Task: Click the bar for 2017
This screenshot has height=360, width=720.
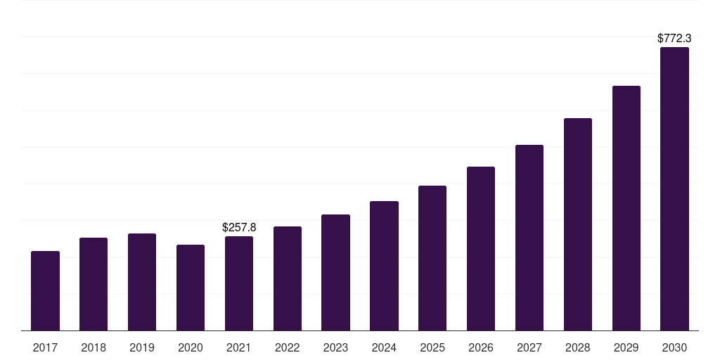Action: [45, 290]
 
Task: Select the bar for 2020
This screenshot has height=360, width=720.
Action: [191, 288]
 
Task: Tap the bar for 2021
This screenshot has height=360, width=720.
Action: [239, 283]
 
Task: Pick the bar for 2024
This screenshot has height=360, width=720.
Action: [384, 266]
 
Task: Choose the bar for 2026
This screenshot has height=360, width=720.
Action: [481, 248]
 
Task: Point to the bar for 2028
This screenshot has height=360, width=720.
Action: [578, 224]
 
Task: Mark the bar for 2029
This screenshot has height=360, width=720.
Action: [626, 208]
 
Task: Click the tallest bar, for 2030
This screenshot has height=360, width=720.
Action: [674, 188]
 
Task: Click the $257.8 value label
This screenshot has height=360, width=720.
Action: [239, 227]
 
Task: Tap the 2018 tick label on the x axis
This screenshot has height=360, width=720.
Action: [94, 347]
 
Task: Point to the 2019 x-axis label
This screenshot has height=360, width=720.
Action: [142, 347]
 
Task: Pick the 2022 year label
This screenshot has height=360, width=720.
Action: [287, 347]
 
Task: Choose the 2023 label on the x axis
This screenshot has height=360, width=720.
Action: [335, 347]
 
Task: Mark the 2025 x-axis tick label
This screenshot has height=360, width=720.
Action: [432, 347]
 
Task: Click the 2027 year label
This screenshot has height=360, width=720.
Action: [529, 347]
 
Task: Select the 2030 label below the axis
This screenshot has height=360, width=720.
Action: [674, 347]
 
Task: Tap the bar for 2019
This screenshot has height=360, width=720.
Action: [142, 282]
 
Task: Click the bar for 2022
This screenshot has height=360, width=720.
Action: [287, 278]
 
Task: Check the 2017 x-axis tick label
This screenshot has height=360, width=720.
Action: [45, 347]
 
